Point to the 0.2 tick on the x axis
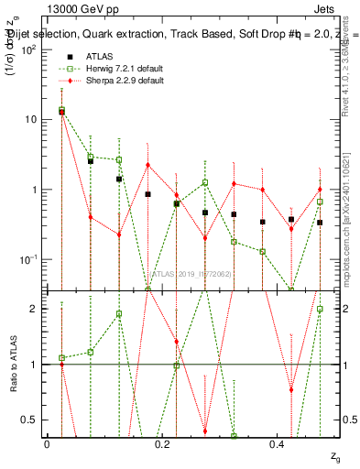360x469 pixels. click(x=162, y=443)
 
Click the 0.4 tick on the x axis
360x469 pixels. click(x=277, y=443)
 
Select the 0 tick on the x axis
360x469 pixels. click(x=48, y=443)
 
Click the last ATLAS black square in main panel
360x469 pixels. click(x=320, y=223)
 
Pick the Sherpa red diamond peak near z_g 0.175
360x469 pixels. click(x=147, y=165)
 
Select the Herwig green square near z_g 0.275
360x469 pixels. click(x=205, y=182)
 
